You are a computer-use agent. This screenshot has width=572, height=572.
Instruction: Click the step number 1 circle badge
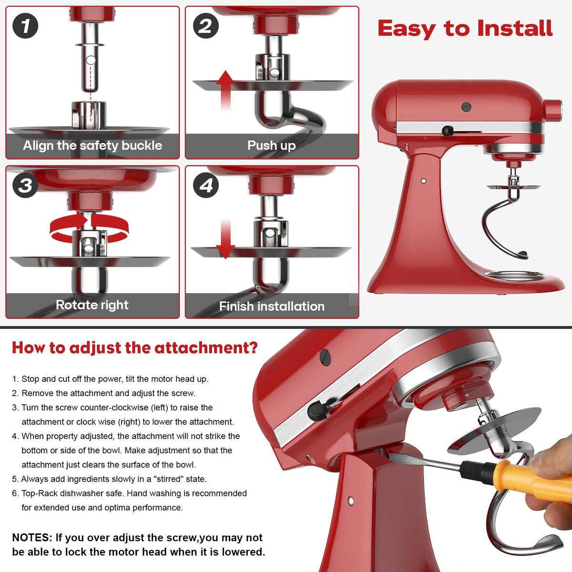[25, 26]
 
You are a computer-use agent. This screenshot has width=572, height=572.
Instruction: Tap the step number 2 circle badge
[206, 26]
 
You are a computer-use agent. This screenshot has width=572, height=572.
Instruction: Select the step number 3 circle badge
[25, 185]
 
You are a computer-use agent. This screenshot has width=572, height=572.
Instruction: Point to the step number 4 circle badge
[206, 185]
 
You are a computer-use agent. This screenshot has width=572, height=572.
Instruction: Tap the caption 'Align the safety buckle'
[92, 146]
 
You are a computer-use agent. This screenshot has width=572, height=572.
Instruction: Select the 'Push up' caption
[271, 145]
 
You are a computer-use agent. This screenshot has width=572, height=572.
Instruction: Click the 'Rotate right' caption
[92, 305]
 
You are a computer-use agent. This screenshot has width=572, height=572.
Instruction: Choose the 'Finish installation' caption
[272, 306]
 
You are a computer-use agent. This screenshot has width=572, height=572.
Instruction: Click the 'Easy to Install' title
[465, 29]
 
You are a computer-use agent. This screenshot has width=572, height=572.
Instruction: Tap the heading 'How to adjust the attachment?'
[134, 347]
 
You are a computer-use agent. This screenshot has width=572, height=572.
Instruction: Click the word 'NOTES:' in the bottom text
[32, 538]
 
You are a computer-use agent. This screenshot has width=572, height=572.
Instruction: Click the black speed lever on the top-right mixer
[448, 131]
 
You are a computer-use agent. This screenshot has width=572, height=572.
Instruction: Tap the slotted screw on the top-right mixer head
[466, 107]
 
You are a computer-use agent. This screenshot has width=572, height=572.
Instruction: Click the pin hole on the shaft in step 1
[91, 61]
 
